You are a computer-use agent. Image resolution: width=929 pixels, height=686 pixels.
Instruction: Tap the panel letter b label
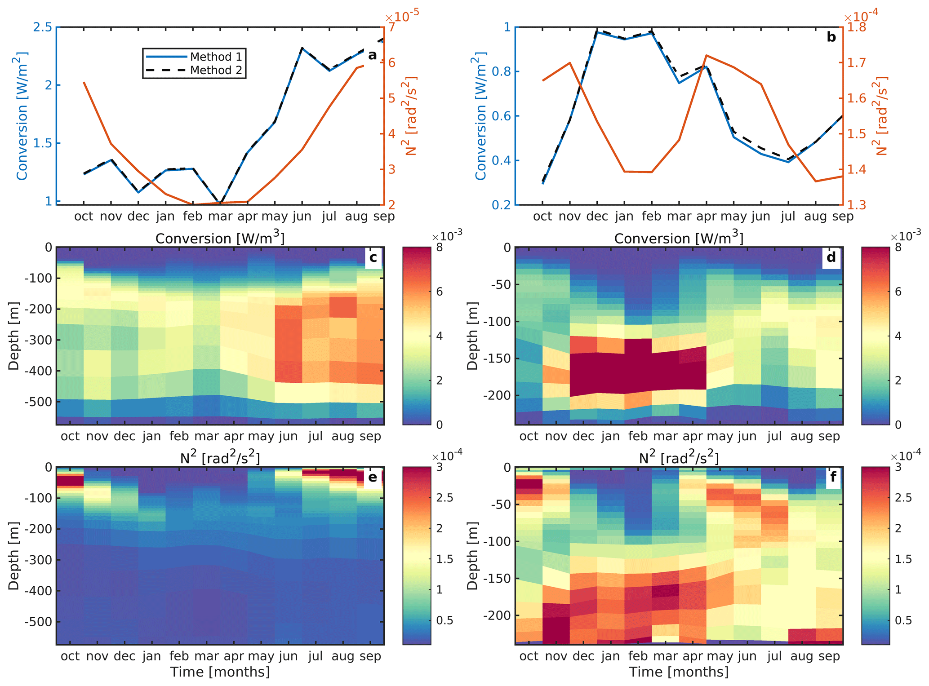[831, 37]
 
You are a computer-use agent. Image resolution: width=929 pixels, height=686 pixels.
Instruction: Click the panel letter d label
[831, 257]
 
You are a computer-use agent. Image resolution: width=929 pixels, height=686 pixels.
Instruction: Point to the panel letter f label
[833, 477]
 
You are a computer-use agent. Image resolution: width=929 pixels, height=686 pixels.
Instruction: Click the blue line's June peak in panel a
[302, 48]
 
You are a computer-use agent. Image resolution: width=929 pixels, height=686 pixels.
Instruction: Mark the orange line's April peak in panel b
[707, 56]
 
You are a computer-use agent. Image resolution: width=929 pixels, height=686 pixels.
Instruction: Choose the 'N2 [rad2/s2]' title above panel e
[220, 457]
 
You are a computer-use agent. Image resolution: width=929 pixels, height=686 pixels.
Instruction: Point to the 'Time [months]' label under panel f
[679, 672]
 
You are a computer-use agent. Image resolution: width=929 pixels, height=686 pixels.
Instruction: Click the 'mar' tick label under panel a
[220, 217]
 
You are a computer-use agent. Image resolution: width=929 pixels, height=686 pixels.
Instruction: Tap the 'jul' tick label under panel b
[788, 217]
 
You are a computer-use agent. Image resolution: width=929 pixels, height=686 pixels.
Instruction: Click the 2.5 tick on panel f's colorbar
[903, 498]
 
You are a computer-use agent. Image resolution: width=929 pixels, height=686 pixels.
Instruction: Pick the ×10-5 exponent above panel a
[402, 16]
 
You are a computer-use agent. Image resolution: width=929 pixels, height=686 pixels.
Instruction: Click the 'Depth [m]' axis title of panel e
[14, 556]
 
